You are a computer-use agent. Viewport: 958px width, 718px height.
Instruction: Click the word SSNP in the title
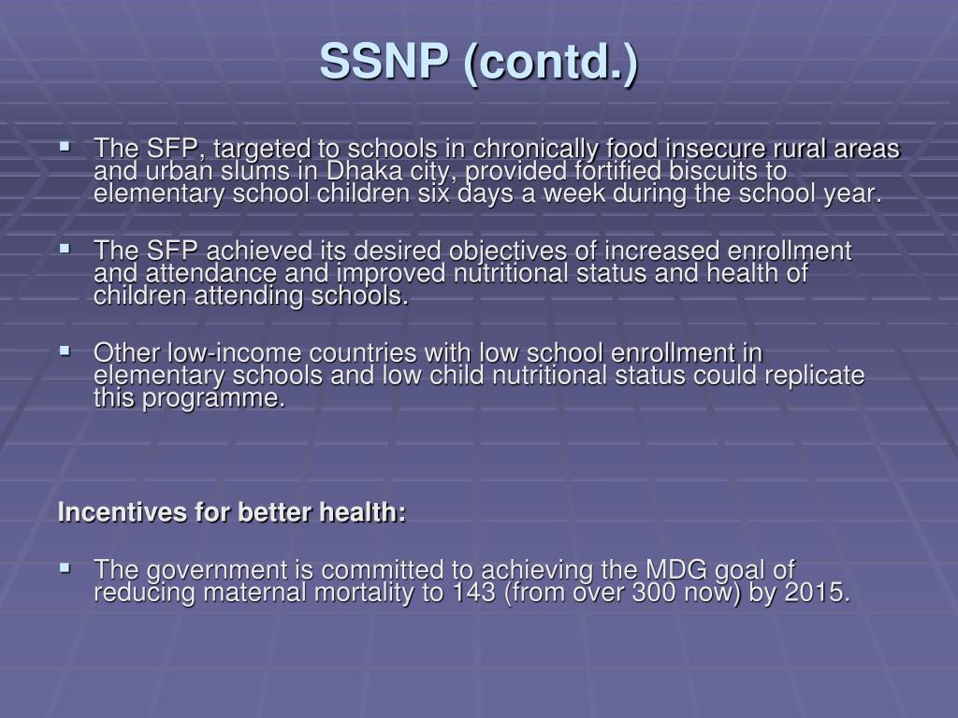click(x=381, y=64)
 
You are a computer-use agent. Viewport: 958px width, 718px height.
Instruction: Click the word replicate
click(x=815, y=376)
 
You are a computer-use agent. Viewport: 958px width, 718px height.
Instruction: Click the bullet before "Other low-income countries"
click(x=65, y=352)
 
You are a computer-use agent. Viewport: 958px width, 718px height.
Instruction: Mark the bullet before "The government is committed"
click(x=65, y=567)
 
